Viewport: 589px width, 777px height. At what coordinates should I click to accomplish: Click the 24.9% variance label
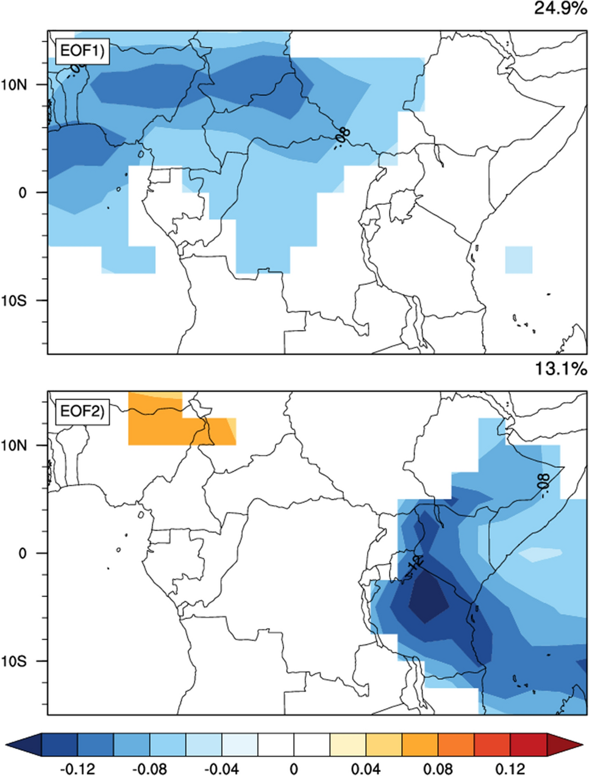(560, 9)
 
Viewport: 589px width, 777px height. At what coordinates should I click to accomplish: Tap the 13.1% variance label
(560, 368)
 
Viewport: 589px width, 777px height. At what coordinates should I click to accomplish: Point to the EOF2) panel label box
(81, 412)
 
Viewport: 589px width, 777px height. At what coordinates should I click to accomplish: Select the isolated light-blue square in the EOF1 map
(518, 259)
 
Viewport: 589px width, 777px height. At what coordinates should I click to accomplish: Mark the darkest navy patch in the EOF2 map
(429, 599)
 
